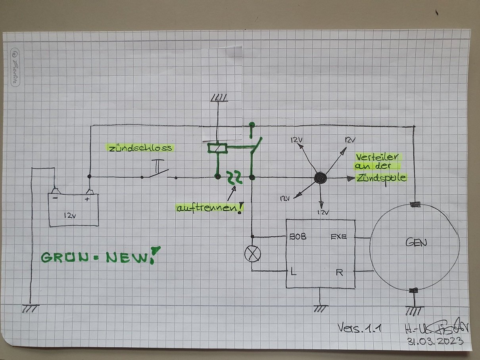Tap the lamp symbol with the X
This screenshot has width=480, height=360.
point(252,253)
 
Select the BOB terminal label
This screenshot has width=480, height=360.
point(298,237)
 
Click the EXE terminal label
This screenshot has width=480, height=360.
point(338,237)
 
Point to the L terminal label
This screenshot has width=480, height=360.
point(294,272)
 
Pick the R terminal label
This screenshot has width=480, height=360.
point(339,272)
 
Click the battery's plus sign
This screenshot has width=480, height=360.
point(87,199)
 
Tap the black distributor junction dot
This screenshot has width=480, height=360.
point(320,178)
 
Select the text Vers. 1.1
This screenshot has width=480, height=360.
point(359,327)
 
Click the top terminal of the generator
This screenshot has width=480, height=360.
point(415,205)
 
